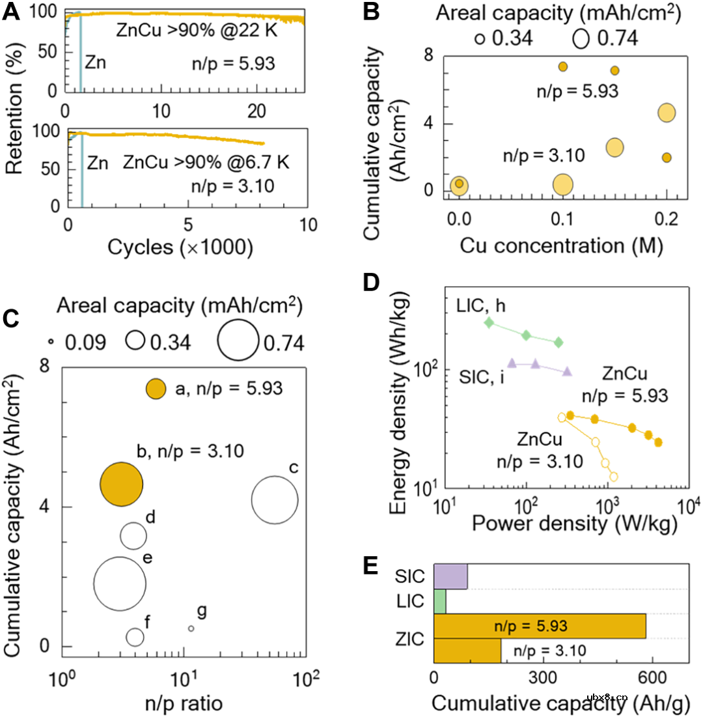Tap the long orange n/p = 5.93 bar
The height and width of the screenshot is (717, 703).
(540, 626)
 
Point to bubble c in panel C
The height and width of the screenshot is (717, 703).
(275, 499)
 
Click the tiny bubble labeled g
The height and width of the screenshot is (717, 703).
(191, 628)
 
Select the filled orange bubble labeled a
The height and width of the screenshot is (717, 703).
(156, 389)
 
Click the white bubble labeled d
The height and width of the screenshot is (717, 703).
(133, 535)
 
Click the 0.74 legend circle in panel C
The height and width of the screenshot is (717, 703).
(238, 340)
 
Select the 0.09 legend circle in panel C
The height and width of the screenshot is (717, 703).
(49, 341)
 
